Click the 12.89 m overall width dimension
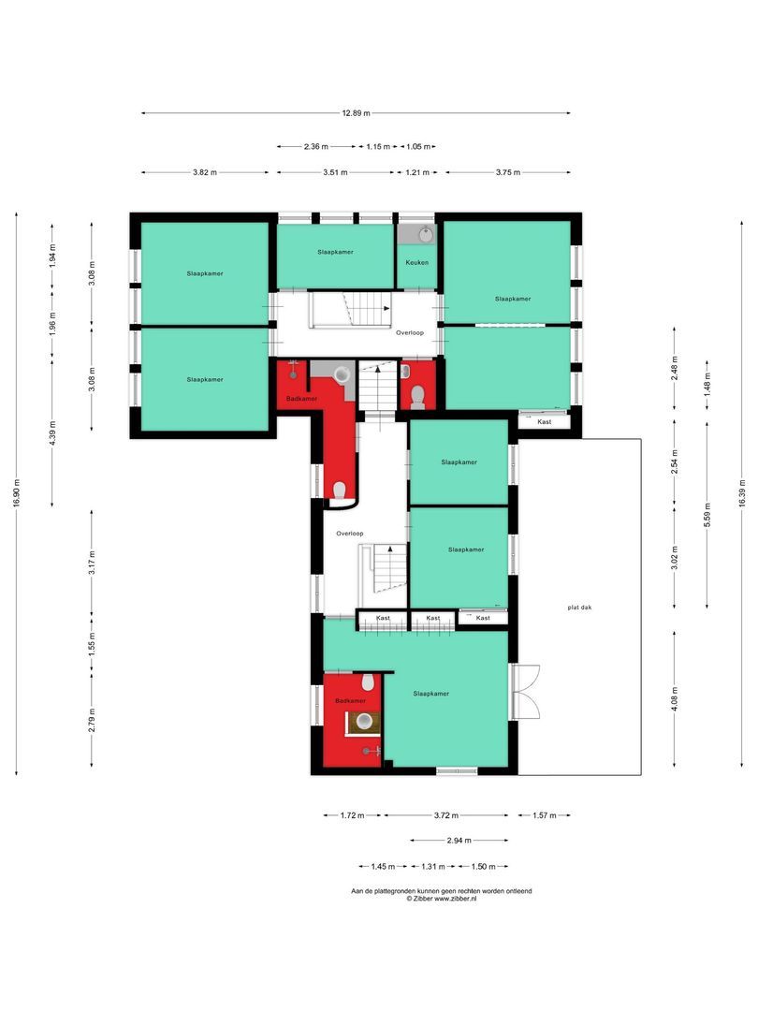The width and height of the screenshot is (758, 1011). tap(356, 113)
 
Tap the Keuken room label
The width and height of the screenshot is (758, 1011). tap(416, 262)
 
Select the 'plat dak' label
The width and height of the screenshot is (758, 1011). tap(579, 607)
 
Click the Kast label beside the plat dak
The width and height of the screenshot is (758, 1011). tap(545, 422)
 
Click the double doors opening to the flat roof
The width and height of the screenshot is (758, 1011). tap(526, 692)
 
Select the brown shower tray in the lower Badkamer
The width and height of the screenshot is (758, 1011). tap(364, 722)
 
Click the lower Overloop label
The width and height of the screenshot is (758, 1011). tap(350, 533)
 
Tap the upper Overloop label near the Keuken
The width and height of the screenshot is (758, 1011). tap(411, 332)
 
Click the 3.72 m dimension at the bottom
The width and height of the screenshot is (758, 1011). tap(445, 815)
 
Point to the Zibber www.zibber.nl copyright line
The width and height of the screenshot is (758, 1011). tap(441, 898)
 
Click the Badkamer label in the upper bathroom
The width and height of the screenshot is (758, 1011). tap(301, 398)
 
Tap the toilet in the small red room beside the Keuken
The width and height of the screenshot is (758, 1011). tap(417, 396)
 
